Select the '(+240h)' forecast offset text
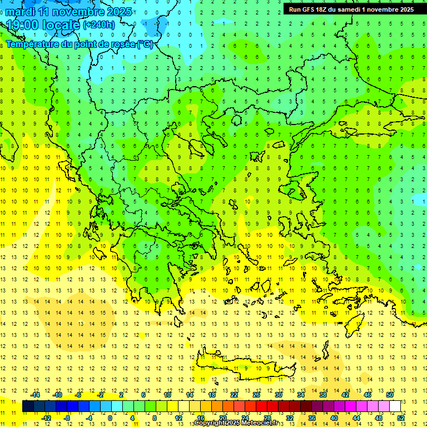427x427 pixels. pos(99,24)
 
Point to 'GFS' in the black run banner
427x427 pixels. pos(310,9)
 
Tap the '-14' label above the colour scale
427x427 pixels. pos(36,394)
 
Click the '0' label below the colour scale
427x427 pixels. pos(110,418)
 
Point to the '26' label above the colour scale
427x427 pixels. pos(256,394)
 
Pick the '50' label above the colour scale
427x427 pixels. pos(390,394)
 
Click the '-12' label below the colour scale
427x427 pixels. pos(47,418)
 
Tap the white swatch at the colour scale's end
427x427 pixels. pos(395,406)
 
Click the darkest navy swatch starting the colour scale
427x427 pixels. pos(28,406)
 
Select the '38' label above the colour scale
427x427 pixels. pos(323,394)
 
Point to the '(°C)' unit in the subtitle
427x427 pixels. pos(145,44)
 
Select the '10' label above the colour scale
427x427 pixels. pos(167,394)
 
